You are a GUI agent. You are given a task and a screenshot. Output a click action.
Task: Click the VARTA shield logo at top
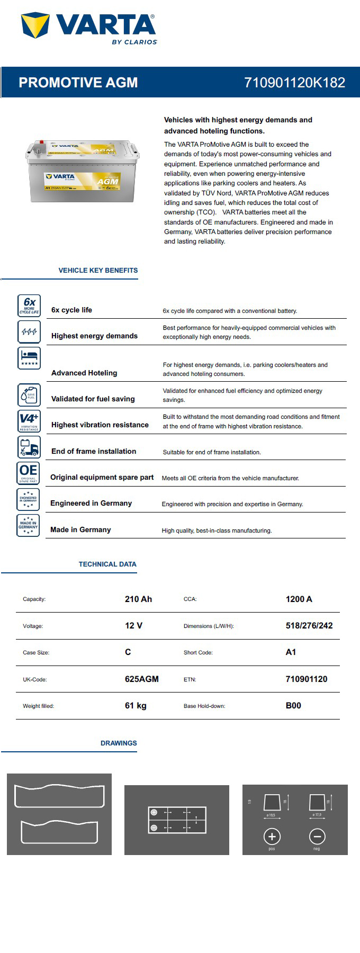pos(35,25)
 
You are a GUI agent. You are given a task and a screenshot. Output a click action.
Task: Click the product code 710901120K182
pos(294,83)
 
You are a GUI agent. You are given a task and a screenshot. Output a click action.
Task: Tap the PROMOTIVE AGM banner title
pos(78,83)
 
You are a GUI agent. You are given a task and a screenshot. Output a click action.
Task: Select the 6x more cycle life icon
pos(29,305)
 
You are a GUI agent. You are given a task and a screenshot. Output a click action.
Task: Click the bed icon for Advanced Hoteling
pos(29,358)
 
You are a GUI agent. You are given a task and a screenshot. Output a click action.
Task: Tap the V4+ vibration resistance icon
pos(29,421)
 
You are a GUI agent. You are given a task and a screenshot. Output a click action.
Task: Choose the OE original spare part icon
pos(29,473)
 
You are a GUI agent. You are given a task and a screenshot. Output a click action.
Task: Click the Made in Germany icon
pos(29,525)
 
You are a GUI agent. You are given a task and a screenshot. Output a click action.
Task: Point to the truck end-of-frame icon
pos(29,447)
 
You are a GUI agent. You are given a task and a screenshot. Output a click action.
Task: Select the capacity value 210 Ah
pos(138,599)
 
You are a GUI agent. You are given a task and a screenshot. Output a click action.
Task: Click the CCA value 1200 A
pos(299,599)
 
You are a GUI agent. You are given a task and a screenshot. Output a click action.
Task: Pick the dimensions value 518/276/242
pos(309,626)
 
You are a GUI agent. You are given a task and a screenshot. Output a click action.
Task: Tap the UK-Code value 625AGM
pos(141,679)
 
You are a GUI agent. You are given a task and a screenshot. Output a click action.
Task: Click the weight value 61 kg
pos(136,706)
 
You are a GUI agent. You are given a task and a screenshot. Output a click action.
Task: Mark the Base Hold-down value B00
pos(293,706)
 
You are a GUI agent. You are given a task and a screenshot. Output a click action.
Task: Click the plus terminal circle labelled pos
pos(272,837)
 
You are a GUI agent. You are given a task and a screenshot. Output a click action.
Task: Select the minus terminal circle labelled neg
pos(317,837)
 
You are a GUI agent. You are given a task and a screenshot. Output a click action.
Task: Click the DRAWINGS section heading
pos(119,743)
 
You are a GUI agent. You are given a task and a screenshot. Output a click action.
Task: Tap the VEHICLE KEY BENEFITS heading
pos(98,271)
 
